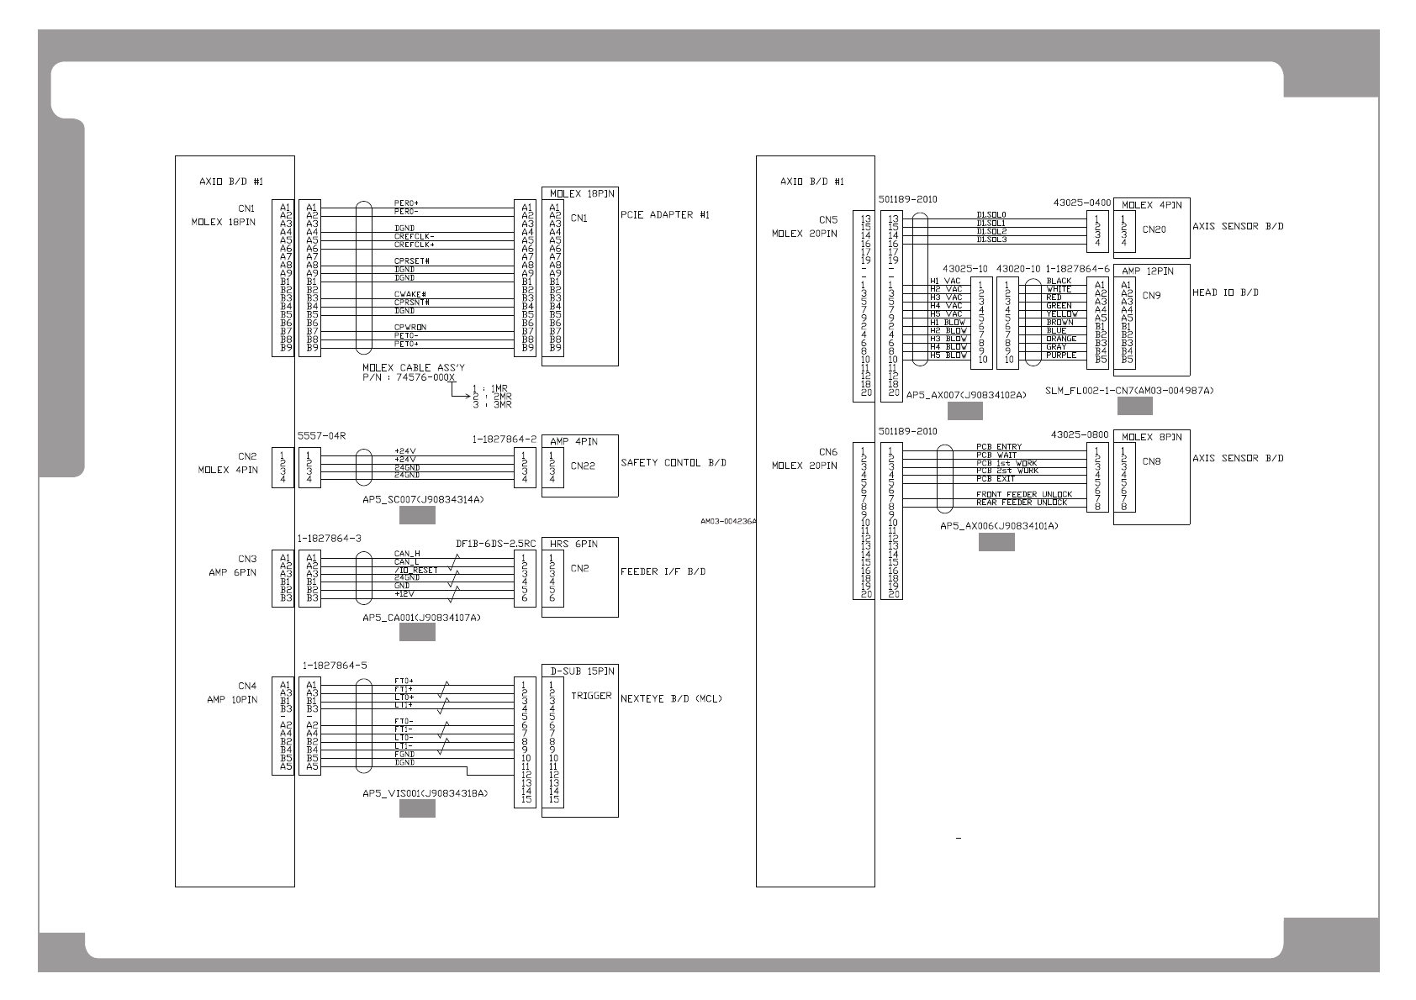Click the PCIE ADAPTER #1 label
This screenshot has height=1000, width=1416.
tap(665, 215)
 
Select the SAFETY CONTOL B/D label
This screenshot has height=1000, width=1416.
tap(674, 463)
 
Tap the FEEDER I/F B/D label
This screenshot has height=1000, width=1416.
tap(663, 572)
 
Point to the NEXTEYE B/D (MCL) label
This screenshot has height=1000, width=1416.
tap(671, 698)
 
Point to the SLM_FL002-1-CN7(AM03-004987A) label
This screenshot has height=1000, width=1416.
tap(1129, 391)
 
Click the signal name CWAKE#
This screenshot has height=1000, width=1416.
tap(410, 294)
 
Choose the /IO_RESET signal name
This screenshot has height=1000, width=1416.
tap(415, 571)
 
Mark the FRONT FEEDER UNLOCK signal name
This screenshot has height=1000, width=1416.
tap(1023, 494)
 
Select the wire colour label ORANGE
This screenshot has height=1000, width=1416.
tap(1061, 339)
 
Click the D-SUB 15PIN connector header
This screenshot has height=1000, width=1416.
tap(582, 671)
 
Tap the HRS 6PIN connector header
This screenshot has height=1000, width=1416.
tap(573, 544)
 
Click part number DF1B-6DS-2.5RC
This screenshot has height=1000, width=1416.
tap(495, 544)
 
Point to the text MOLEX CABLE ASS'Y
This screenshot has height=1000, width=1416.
tap(413, 368)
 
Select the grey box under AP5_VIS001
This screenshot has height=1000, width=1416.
tap(417, 808)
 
